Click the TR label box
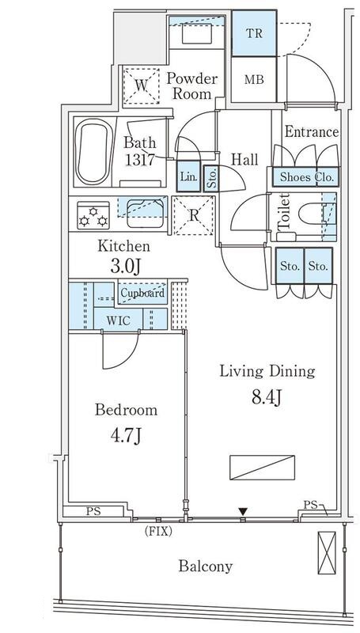coord(254,33)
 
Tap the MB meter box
coord(254,79)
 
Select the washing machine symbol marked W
coord(141,86)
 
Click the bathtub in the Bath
coord(93,151)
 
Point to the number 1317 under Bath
coord(139,160)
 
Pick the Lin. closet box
coord(188,176)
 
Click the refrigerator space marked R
coord(193,215)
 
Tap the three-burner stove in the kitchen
coord(93,215)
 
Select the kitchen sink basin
coord(146,214)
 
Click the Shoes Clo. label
coord(307,176)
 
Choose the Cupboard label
coord(142,293)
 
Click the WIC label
coord(118,320)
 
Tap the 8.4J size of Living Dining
coord(267,398)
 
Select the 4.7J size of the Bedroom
coord(126,437)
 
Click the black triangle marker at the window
coord(243,512)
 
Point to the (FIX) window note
coord(158,532)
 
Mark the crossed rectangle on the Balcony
coord(327,552)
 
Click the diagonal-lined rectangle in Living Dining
coord(263,468)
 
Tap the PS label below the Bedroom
coord(93,511)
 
